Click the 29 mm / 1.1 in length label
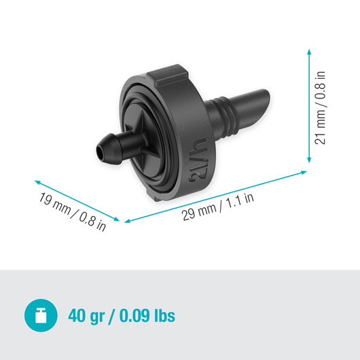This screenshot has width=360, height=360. click(217, 204)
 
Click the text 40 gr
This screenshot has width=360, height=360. click(89, 316)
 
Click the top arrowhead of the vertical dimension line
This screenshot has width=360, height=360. click(310, 52)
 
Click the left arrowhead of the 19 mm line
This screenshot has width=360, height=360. click(36, 181)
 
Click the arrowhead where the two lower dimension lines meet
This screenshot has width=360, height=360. click(122, 221)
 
